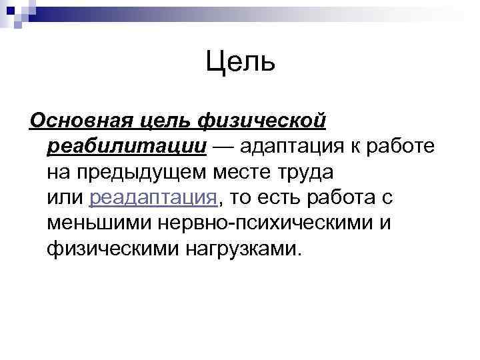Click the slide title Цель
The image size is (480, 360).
click(240, 63)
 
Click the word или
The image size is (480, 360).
click(65, 198)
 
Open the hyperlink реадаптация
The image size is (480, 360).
click(153, 198)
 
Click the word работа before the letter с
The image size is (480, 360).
click(347, 198)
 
